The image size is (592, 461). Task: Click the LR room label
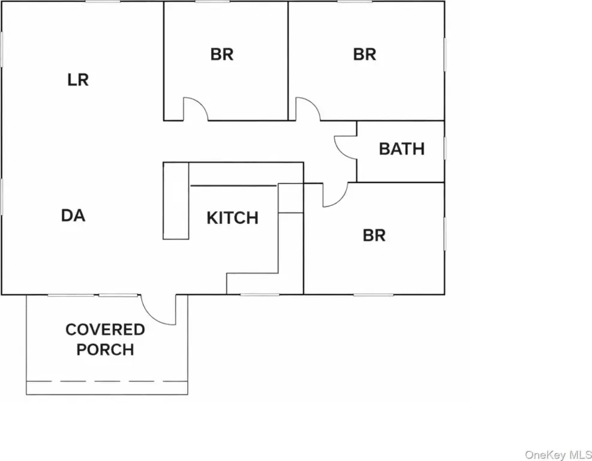pos(78,80)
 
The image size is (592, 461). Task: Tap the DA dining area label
pos(73,215)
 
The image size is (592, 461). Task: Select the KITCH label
pos(233,218)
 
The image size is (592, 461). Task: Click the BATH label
pos(402,149)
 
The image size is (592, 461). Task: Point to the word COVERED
pos(105,330)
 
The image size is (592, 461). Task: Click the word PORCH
pos(105,349)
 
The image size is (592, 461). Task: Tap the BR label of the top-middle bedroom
pos(222,55)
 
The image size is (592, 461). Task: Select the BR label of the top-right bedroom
pos(365,55)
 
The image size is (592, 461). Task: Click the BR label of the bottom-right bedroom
pos(374,235)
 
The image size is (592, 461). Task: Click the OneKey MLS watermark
pos(558,454)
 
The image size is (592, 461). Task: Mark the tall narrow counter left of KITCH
pos(176,201)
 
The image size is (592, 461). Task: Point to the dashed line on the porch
pos(107,381)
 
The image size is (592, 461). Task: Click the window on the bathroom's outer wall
pos(444,148)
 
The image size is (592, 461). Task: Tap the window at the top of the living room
pos(103,2)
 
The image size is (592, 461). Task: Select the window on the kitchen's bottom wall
pos(260,294)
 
